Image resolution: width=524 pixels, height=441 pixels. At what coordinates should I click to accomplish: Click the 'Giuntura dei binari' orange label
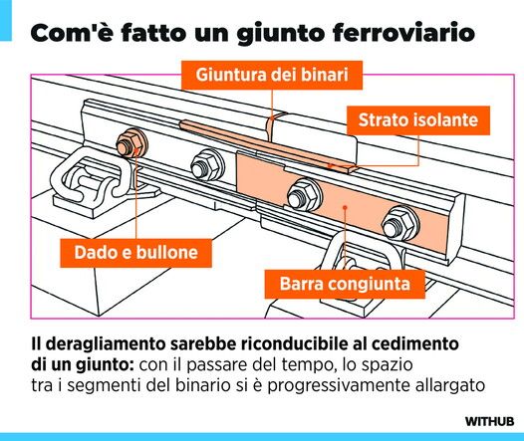[x=272, y=75]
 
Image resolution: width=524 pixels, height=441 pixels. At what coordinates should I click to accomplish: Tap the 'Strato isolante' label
[x=418, y=120]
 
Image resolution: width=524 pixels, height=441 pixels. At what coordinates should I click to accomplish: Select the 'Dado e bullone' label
[x=136, y=253]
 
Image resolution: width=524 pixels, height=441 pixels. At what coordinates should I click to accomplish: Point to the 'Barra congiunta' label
[x=345, y=284]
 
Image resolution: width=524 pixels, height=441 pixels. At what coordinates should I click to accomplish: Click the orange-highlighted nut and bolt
[x=131, y=143]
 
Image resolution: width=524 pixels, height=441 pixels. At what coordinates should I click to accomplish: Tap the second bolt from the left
[x=206, y=164]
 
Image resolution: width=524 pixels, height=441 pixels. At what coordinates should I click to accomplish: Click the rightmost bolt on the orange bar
[x=400, y=223]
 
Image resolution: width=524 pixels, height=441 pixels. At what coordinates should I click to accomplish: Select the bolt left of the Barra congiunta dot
[x=305, y=195]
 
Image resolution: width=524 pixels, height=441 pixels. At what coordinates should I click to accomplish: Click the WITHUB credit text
[x=489, y=421]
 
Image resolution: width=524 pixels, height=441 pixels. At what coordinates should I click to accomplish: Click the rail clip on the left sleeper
[x=91, y=177]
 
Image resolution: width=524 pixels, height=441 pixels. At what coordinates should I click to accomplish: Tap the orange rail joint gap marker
[x=271, y=128]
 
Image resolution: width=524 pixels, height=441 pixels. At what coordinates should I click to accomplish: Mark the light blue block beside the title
[x=6, y=20]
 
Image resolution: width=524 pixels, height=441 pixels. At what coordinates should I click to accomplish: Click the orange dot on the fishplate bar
[x=345, y=207]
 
